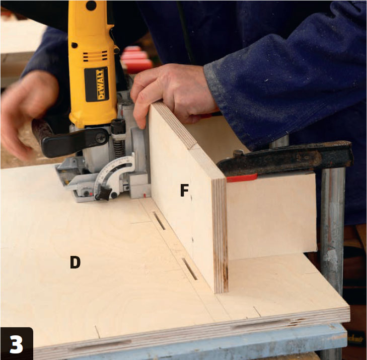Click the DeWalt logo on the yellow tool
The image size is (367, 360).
[97, 84]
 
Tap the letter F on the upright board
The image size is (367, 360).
[184, 190]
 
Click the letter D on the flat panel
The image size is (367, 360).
[75, 262]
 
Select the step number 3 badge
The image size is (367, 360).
[17, 343]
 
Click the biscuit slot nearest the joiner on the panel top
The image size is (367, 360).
[159, 221]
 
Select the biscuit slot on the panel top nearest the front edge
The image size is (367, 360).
[190, 269]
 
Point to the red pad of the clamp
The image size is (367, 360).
[242, 177]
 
